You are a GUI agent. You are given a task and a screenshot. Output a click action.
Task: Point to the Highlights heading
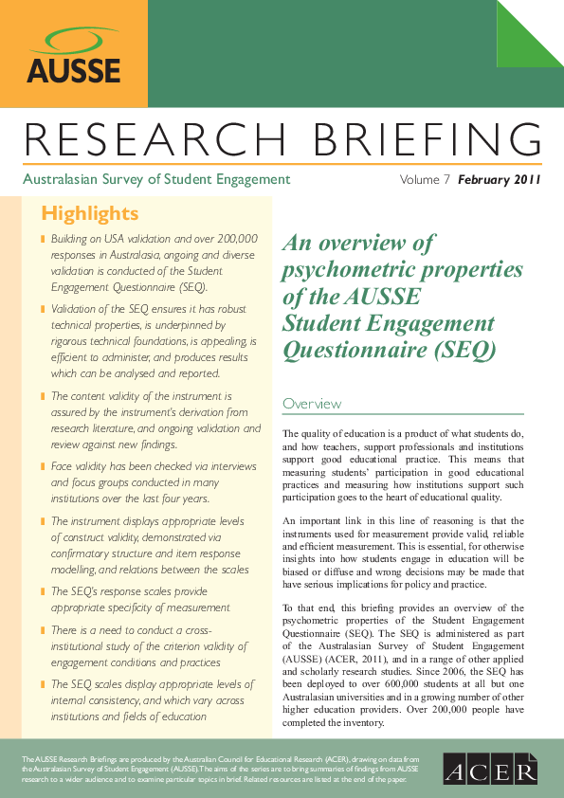90,212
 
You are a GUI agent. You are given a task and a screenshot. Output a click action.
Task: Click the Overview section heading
312,404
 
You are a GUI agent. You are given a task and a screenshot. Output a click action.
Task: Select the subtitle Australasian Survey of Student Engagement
156,179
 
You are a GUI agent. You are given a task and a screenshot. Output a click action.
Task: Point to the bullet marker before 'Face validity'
43,467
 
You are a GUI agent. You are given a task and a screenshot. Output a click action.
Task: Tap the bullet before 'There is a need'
43,630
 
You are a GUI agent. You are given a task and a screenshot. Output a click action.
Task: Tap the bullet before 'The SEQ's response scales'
43,591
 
